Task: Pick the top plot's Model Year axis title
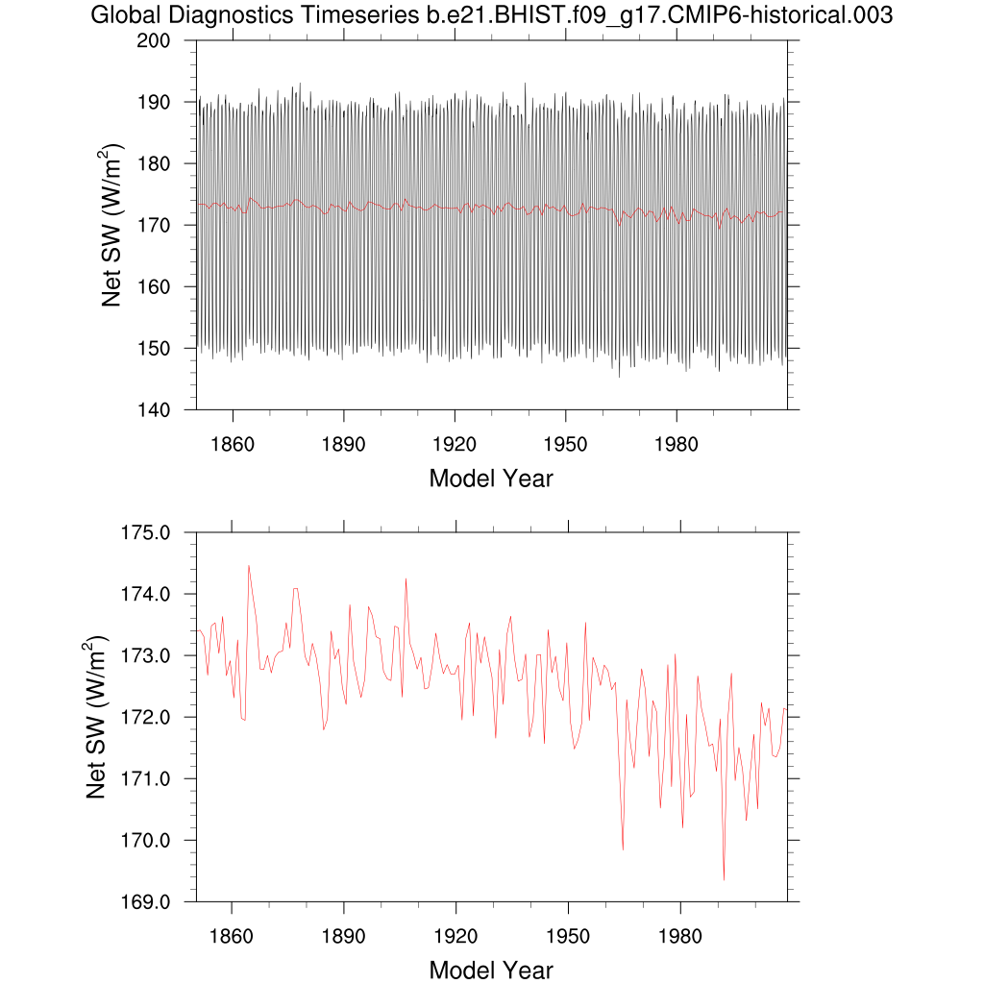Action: tap(491, 479)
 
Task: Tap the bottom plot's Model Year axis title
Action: tap(491, 971)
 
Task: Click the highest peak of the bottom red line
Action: tap(249, 565)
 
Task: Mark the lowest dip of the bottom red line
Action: tap(724, 879)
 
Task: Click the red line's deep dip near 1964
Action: tap(623, 849)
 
